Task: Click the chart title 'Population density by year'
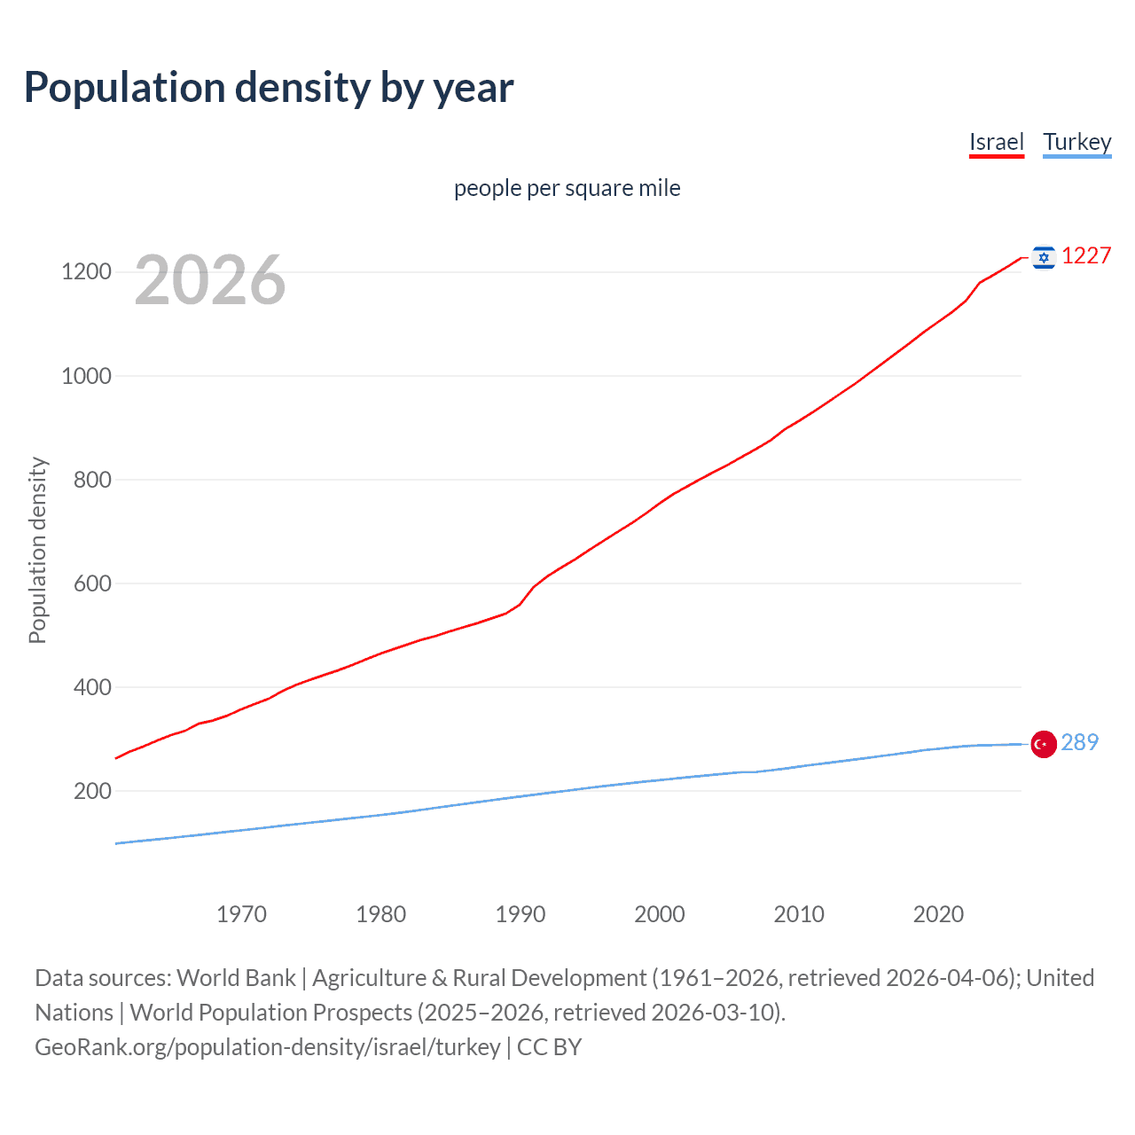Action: [269, 88]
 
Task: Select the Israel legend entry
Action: [996, 142]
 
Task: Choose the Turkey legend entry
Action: [1076, 142]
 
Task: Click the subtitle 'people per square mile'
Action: [567, 188]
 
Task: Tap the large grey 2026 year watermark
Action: [210, 280]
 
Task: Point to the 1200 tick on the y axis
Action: [86, 271]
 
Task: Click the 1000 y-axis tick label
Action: [86, 376]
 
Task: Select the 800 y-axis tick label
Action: [92, 480]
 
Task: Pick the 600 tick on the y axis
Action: [92, 583]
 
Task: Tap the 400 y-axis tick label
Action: [92, 687]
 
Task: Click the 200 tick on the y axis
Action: [92, 791]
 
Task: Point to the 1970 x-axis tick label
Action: [241, 914]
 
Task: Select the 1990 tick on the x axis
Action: [521, 914]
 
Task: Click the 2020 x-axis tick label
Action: [938, 914]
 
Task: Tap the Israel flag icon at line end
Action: [1044, 257]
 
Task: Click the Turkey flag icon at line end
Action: [1044, 744]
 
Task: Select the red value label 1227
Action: [1086, 256]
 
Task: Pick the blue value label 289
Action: [1079, 742]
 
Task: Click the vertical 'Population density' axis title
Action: [37, 550]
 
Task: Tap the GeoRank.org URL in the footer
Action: [268, 1047]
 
